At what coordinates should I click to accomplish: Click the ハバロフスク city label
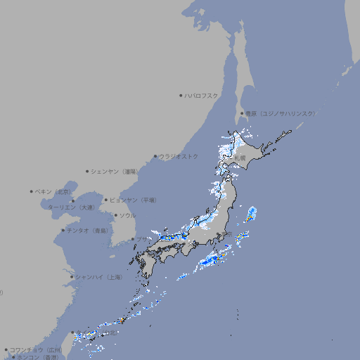202,95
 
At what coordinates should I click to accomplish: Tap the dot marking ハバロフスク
181,95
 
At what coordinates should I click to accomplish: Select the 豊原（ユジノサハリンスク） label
280,113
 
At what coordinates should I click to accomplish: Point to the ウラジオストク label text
179,156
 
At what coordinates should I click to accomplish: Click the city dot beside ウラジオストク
155,156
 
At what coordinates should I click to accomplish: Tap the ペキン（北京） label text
53,191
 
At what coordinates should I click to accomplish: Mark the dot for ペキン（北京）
32,191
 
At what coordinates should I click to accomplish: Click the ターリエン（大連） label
71,207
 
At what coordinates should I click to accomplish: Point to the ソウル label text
127,215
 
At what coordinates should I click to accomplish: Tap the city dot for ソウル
115,215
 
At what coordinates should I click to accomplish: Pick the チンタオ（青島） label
87,231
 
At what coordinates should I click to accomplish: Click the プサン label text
143,240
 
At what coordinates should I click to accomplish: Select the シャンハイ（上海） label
98,277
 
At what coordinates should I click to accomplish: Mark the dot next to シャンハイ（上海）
72,277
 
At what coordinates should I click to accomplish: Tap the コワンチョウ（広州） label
35,349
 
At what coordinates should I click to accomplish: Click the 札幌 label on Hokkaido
240,158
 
